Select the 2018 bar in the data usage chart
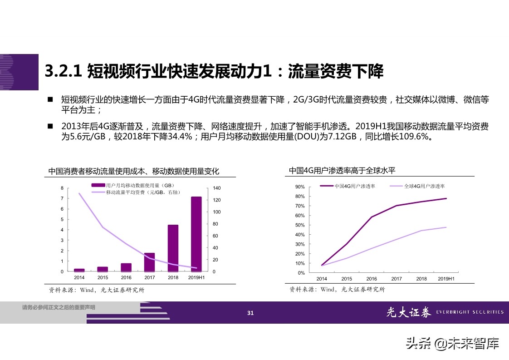[x=173, y=248]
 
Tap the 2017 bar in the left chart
[x=149, y=262]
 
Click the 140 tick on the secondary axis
[x=216, y=188]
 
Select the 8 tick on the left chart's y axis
[x=62, y=188]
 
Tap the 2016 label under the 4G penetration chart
[x=372, y=279]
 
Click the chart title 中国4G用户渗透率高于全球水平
[x=342, y=171]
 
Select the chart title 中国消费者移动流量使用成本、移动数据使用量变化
[x=134, y=171]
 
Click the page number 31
[x=250, y=312]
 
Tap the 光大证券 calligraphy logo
[x=408, y=312]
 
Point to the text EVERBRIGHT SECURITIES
[x=470, y=312]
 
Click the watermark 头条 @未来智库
[x=452, y=343]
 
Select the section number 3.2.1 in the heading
[x=63, y=71]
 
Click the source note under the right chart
[x=337, y=289]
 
